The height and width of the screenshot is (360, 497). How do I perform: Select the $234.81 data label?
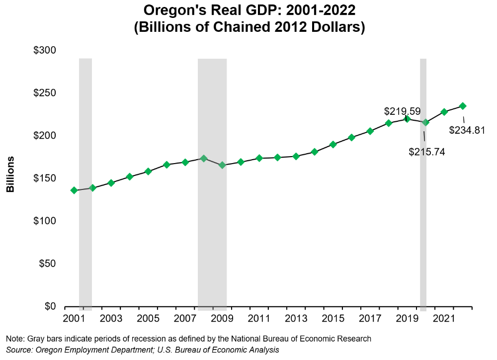click(467, 130)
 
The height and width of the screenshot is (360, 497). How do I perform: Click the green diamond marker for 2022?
click(463, 106)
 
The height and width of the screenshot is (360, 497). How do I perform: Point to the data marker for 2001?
click(74, 190)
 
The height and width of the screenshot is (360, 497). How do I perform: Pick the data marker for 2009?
click(222, 165)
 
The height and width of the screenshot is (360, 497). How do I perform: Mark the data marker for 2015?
click(333, 145)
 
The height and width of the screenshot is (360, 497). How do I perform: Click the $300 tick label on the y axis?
click(45, 51)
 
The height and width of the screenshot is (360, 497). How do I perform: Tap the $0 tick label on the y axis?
click(51, 306)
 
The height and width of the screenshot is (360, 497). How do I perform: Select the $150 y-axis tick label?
click(45, 179)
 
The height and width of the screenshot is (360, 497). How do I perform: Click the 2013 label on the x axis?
click(296, 318)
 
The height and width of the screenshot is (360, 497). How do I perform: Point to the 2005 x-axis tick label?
click(148, 318)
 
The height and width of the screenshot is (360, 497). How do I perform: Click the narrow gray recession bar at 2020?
click(423, 224)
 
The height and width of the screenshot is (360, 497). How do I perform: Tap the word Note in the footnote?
click(14, 339)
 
